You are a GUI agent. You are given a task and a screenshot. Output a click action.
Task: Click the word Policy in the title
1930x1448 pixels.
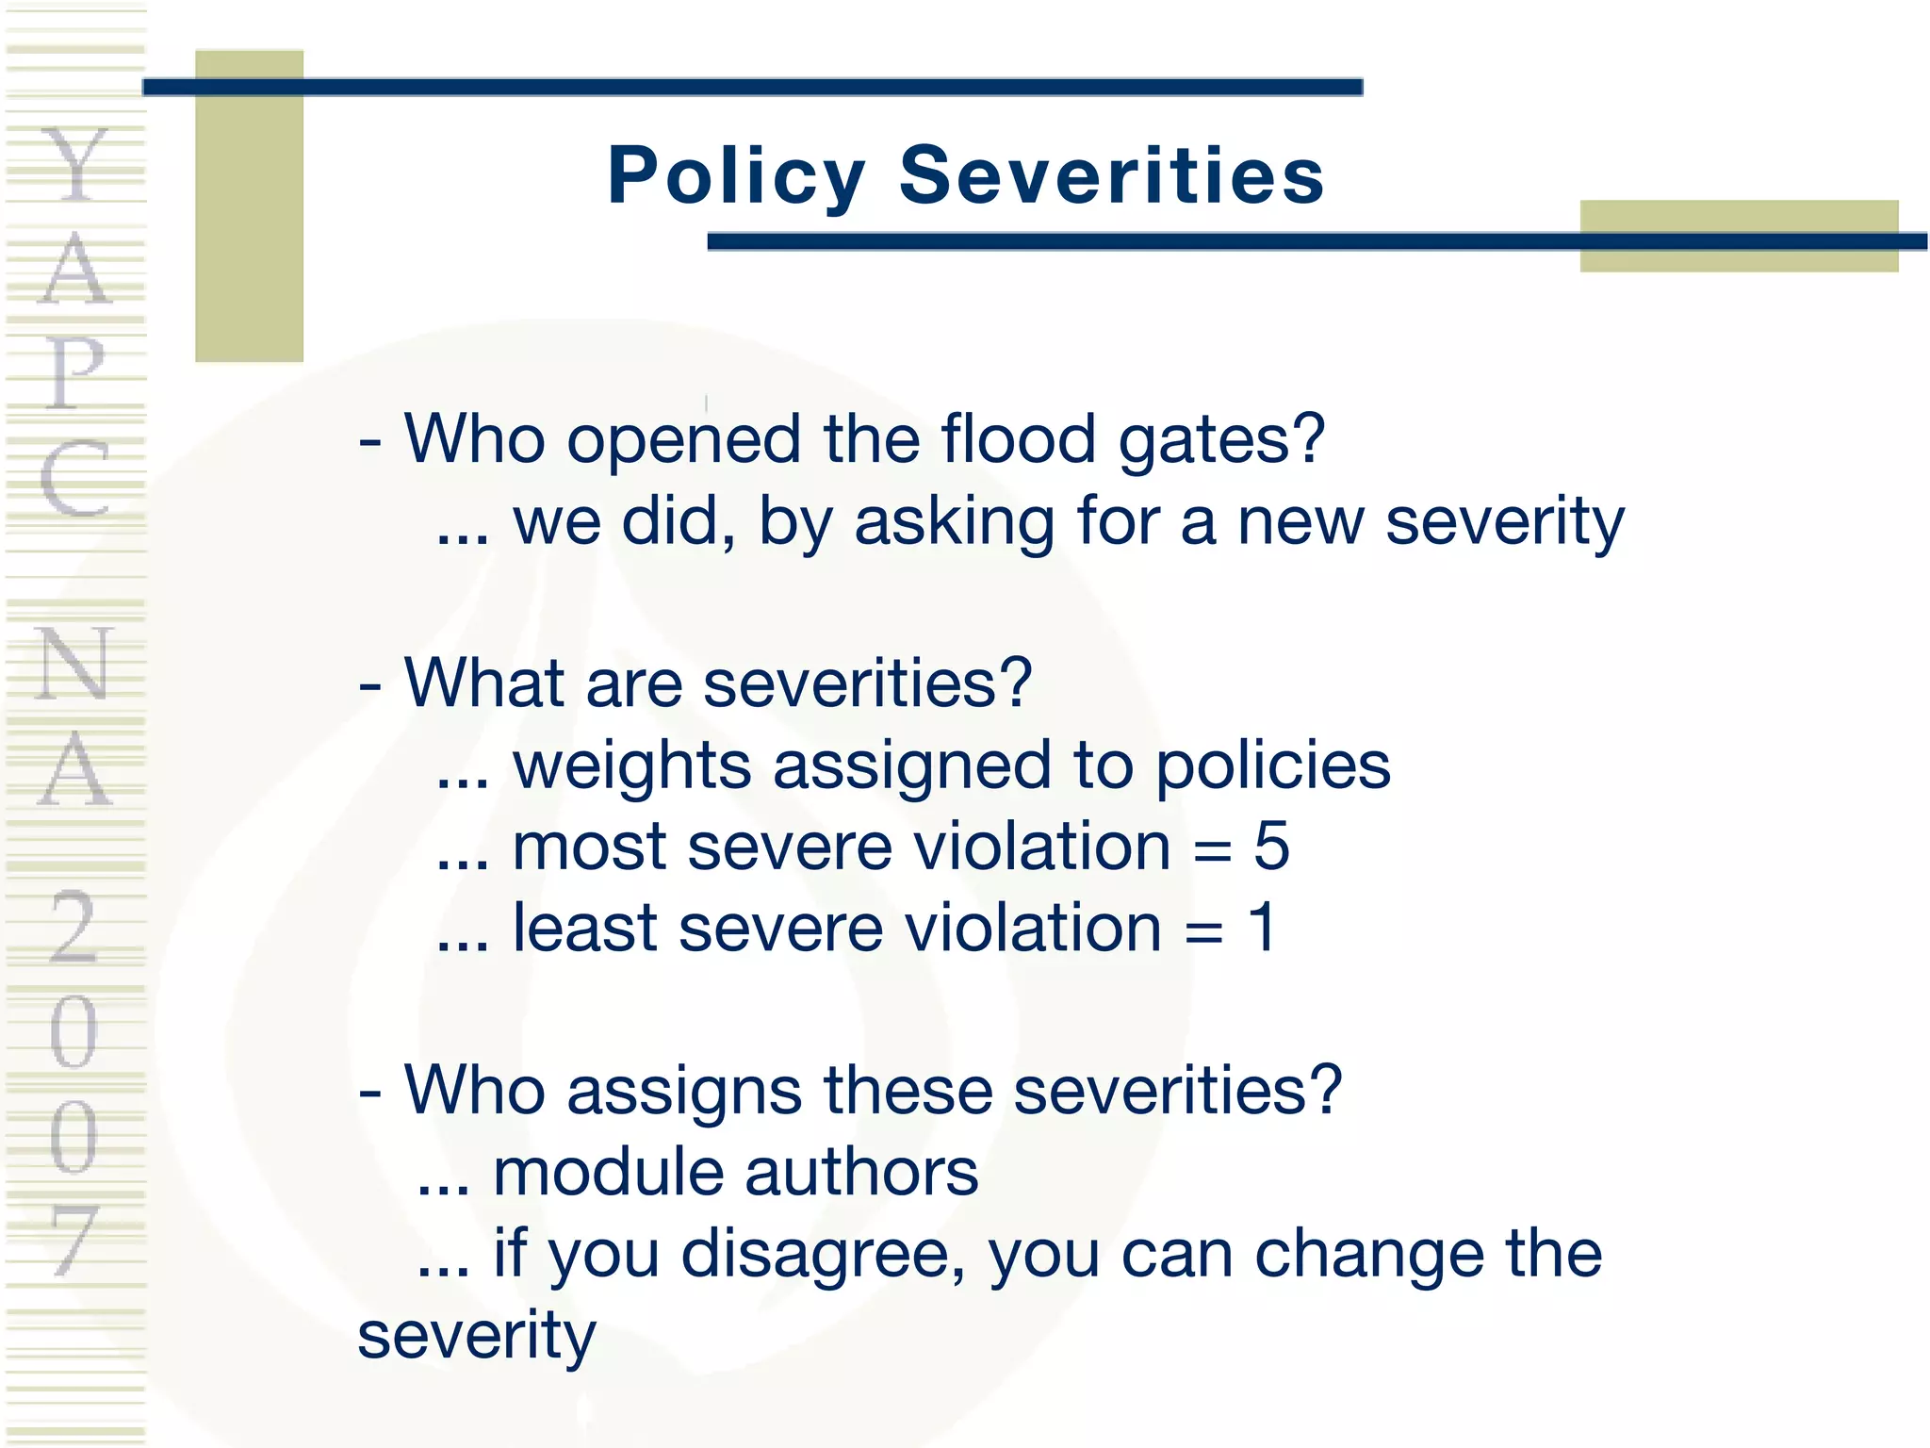pyautogui.click(x=736, y=176)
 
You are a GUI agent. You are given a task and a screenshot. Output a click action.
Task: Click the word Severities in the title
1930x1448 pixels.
pyautogui.click(x=1112, y=176)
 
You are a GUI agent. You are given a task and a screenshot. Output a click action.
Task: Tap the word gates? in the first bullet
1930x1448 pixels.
pyautogui.click(x=1222, y=441)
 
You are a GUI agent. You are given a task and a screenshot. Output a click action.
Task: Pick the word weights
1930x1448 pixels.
pyautogui.click(x=631, y=765)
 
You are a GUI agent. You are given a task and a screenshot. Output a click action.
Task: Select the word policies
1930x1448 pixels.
pyautogui.click(x=1272, y=765)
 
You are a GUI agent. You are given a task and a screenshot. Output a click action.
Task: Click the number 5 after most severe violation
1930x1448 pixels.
pyautogui.click(x=1271, y=846)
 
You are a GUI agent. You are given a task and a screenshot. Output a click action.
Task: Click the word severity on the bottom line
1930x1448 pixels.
pyautogui.click(x=477, y=1337)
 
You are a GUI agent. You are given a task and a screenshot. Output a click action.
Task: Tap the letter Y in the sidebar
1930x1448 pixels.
pyautogui.click(x=74, y=165)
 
